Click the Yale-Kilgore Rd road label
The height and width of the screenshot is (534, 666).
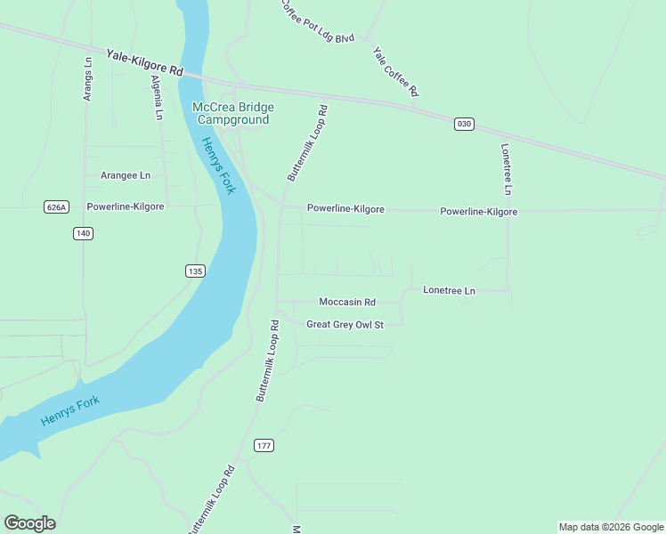pos(144,62)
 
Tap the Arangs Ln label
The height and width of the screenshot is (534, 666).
pos(88,79)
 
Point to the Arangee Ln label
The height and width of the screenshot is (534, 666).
pos(125,175)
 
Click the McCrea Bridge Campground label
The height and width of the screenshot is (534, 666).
pos(233,113)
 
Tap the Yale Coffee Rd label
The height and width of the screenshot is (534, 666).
pos(395,71)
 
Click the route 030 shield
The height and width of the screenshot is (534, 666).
pos(463,124)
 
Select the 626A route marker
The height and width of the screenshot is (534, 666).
pos(56,206)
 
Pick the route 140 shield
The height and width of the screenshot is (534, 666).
pos(83,233)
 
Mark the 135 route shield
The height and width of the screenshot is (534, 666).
pos(196,271)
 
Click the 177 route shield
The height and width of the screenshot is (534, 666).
pos(264,445)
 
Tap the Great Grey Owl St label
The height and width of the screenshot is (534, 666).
pos(345,325)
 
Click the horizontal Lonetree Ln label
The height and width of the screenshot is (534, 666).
pos(449,291)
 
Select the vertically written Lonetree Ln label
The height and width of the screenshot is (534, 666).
pos(506,169)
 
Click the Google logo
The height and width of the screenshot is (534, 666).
pos(29,523)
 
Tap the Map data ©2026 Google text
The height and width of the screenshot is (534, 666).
pos(611,527)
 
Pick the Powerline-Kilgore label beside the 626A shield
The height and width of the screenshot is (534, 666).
pos(125,206)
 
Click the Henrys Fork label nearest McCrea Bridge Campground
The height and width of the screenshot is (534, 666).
pos(216,166)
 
